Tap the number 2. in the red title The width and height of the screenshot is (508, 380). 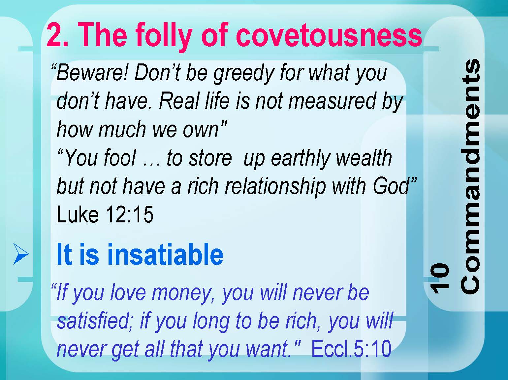[x=57, y=35]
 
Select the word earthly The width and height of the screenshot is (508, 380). [x=301, y=159]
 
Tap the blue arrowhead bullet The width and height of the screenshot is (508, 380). [x=21, y=254]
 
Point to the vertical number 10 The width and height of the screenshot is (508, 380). [x=439, y=278]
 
